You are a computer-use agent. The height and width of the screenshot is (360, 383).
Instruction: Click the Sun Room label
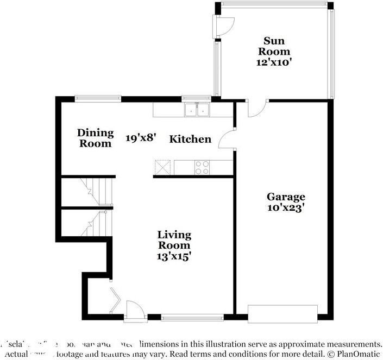tap(274, 46)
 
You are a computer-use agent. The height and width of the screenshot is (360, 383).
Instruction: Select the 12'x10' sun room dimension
tap(274, 62)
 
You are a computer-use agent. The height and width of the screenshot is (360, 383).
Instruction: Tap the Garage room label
tap(286, 197)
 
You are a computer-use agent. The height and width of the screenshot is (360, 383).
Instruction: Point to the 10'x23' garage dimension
tap(286, 207)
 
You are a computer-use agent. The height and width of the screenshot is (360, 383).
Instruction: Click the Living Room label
tap(174, 239)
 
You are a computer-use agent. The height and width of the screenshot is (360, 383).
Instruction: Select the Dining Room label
tap(96, 138)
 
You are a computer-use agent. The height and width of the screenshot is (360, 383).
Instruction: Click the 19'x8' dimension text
tap(141, 138)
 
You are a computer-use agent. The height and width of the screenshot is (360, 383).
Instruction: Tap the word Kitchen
tap(190, 140)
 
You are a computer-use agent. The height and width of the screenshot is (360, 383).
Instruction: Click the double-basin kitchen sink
tap(197, 110)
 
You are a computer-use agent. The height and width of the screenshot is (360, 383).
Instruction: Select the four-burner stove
tap(203, 167)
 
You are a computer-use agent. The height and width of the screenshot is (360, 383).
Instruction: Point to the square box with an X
tap(162, 167)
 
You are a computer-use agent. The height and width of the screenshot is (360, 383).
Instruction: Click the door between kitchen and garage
tap(227, 141)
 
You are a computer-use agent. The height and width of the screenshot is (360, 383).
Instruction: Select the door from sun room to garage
tap(255, 108)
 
